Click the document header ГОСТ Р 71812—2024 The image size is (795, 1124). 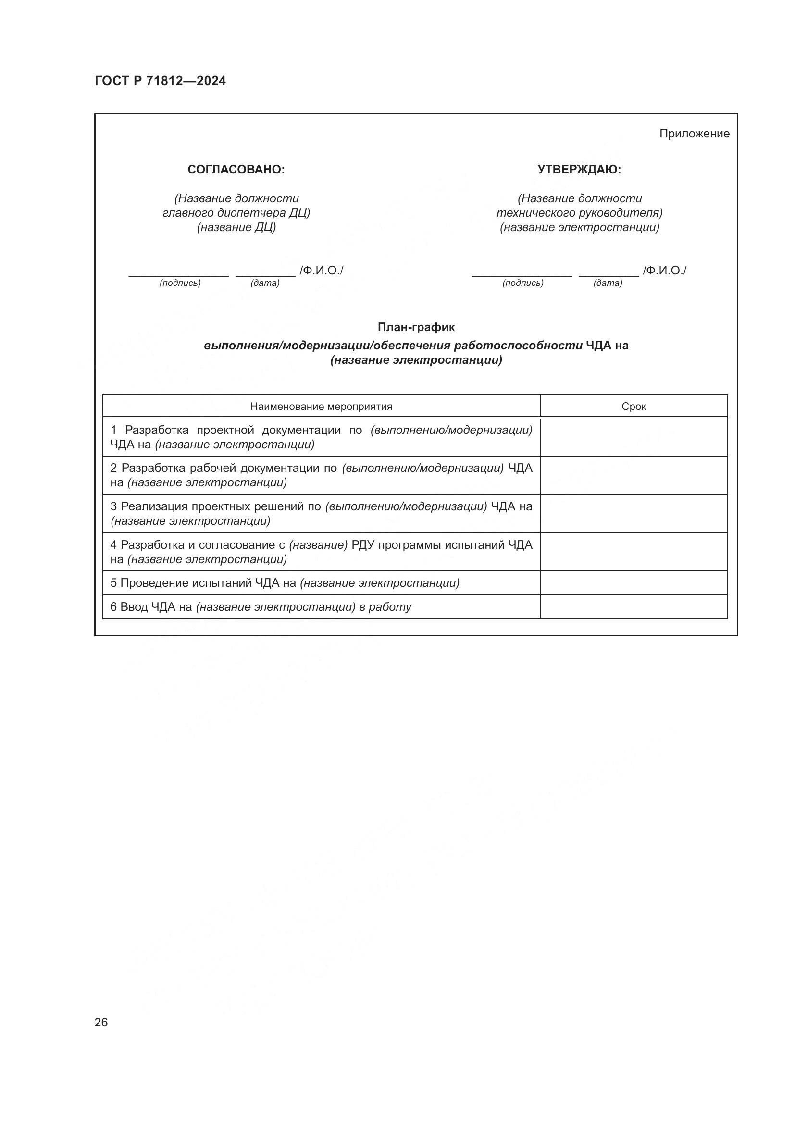(x=160, y=81)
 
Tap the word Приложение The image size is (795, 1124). (x=694, y=134)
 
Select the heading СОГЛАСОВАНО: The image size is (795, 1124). (x=236, y=169)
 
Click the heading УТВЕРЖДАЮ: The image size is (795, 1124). (x=579, y=169)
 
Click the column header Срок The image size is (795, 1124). (x=634, y=407)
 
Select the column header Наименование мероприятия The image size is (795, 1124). (x=321, y=407)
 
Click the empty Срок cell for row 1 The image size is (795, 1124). (x=634, y=437)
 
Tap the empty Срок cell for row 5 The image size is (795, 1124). (x=634, y=583)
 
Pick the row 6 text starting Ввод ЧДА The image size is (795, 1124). (x=261, y=607)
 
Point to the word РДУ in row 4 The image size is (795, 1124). (x=363, y=545)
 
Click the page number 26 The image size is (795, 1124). (x=101, y=1022)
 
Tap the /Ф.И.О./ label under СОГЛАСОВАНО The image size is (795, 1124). (x=322, y=270)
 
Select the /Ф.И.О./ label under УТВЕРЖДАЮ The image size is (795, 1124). (x=664, y=270)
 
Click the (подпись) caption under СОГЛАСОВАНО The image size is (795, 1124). (x=180, y=283)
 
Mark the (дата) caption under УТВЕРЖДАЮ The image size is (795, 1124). (x=608, y=283)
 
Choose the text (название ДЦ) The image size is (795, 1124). (x=236, y=227)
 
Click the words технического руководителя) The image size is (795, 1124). (x=579, y=213)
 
